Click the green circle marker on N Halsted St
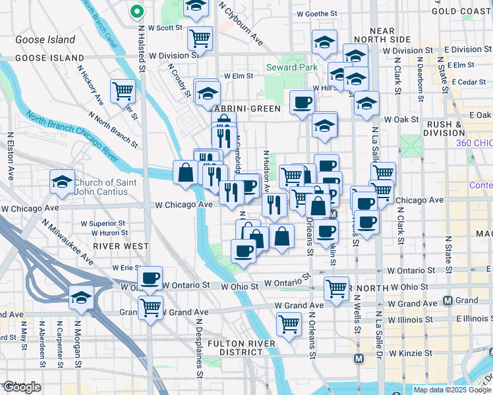coord(137,11)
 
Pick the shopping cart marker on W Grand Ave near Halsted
coord(150,307)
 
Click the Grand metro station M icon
coord(448,301)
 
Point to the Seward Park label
coord(292,67)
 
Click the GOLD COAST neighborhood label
coord(462,11)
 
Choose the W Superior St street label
coord(113,223)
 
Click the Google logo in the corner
coord(22,388)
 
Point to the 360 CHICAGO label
coord(474,143)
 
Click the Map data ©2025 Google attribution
coord(451,390)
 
